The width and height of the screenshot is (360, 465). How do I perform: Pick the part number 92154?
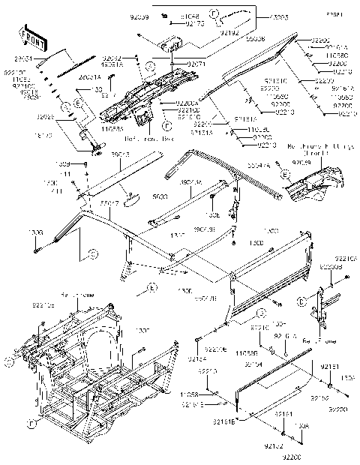coord(274,363)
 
